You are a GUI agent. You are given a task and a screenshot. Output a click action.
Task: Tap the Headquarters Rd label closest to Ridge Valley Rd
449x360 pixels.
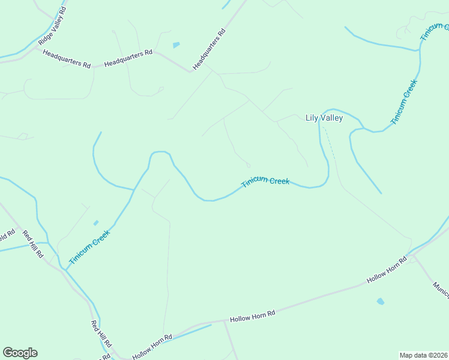pos(67,58)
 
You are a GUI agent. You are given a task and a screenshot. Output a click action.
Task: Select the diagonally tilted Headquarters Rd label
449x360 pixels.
pos(208,49)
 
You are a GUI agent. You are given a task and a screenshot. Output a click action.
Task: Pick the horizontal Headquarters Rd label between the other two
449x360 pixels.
pos(128,58)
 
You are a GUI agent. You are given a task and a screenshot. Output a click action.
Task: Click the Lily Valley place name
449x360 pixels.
pos(324,118)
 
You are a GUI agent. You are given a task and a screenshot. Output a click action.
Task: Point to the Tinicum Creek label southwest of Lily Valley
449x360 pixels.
pos(265,182)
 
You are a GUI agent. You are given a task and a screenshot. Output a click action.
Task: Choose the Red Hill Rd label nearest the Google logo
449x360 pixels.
pos(100,335)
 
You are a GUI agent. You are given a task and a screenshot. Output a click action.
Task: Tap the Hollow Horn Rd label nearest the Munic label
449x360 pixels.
pos(387,269)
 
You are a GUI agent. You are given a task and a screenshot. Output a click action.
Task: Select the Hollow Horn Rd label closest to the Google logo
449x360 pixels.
pos(152,346)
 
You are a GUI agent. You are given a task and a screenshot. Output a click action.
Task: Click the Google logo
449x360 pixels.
pos(20,353)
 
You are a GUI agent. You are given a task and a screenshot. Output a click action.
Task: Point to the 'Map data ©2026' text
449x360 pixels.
pos(423,355)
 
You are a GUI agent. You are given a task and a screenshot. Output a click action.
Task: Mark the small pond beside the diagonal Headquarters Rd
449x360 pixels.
pos(176,45)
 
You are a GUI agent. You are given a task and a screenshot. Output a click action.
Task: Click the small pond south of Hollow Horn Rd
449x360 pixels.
pos(380,301)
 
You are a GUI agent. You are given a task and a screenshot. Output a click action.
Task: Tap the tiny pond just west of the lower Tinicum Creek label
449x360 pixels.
pos(96,223)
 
